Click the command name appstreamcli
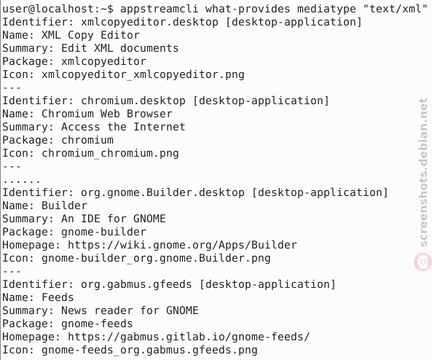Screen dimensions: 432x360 pyautogui.click(x=160, y=9)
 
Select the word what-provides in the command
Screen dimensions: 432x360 pyautogui.click(x=248, y=9)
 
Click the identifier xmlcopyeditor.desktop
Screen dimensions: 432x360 pyautogui.click(x=149, y=22)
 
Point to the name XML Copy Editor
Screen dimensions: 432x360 pyautogui.click(x=90, y=35)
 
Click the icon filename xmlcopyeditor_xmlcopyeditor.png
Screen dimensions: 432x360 pyautogui.click(x=143, y=75)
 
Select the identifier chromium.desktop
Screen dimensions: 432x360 pyautogui.click(x=133, y=101)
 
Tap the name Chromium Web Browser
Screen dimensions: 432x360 pyautogui.click(x=107, y=114)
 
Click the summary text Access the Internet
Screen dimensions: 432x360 pyautogui.click(x=123, y=127)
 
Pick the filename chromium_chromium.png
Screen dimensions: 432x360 pyautogui.click(x=110, y=153)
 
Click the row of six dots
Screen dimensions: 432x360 pyautogui.click(x=22, y=181)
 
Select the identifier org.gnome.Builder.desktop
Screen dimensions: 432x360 pyautogui.click(x=162, y=192)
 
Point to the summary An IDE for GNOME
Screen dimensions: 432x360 pyautogui.click(x=114, y=219)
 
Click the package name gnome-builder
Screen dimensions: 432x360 pyautogui.click(x=103, y=232)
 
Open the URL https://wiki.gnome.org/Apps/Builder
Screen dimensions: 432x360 pyautogui.click(x=182, y=245)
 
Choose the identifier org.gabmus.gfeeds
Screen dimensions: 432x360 pyautogui.click(x=136, y=284)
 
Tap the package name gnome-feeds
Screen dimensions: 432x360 pyautogui.click(x=97, y=324)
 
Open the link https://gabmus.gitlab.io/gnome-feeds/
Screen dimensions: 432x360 pyautogui.click(x=189, y=337)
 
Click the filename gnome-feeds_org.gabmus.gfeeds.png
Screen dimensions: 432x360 pyautogui.click(x=149, y=350)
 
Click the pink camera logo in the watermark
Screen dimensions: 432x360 pyautogui.click(x=423, y=262)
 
